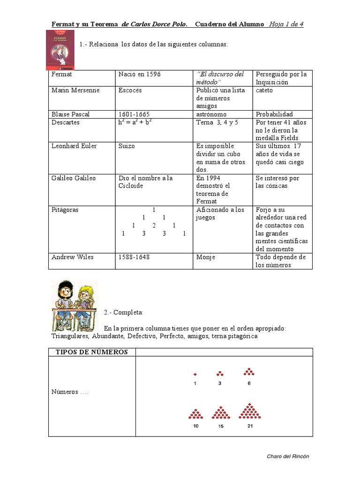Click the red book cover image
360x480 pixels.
tap(60, 50)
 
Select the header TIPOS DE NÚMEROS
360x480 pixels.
tap(92, 352)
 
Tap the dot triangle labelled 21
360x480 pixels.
tap(250, 411)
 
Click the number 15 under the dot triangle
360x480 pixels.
tap(220, 427)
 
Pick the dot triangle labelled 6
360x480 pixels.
tap(249, 372)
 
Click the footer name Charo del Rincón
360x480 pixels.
tap(288, 456)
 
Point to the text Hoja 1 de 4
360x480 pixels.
tap(286, 24)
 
